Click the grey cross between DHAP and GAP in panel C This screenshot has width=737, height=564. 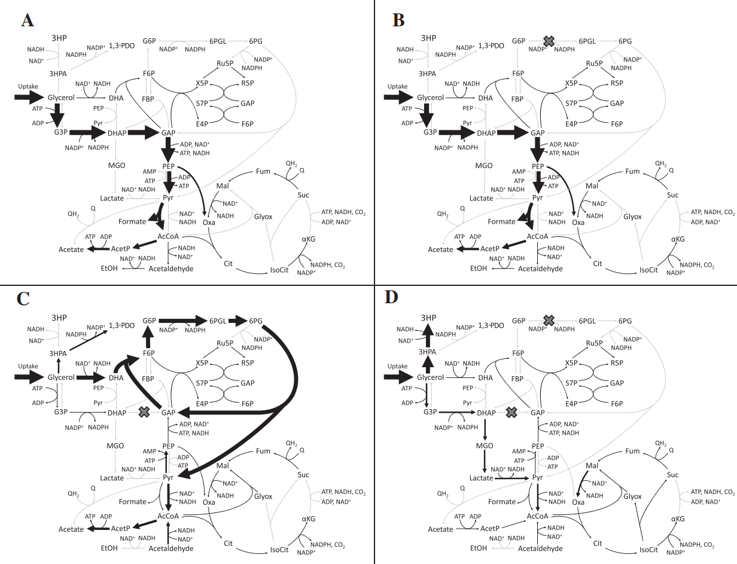(x=144, y=411)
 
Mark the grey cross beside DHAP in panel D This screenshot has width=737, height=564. (x=511, y=411)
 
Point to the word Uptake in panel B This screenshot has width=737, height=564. (x=397, y=87)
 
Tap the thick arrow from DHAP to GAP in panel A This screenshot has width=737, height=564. (x=144, y=132)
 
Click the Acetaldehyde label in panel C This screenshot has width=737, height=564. (x=171, y=548)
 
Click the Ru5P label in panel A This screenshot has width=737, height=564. (x=226, y=64)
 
